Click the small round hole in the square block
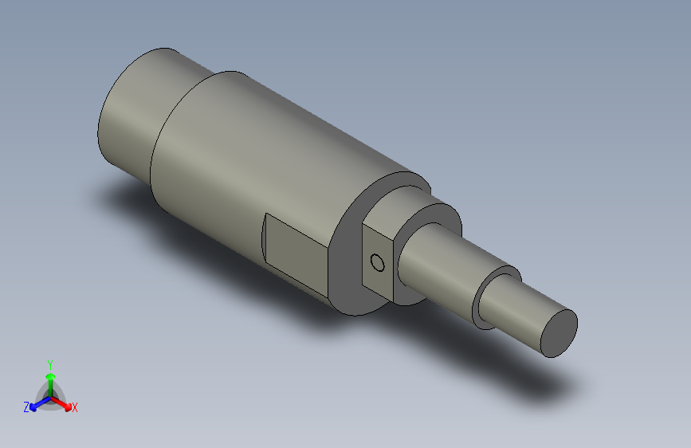pos(378,262)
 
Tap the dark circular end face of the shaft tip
pos(559,332)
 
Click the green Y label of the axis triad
pos(49,363)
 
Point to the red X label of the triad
pos(75,407)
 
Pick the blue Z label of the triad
pos(26,407)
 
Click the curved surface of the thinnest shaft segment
pos(518,307)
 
